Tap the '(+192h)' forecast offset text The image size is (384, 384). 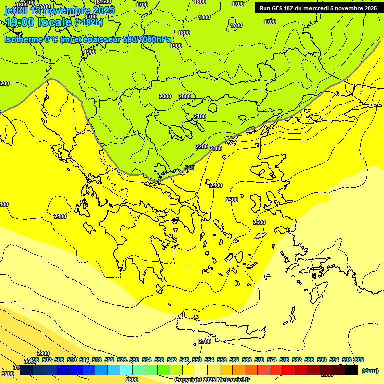tap(88, 22)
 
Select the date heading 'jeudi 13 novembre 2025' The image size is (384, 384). tap(59, 10)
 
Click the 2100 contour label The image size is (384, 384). tap(200, 116)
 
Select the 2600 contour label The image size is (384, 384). tap(259, 222)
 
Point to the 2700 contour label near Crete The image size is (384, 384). tap(205, 341)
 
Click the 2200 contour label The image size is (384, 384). tap(202, 146)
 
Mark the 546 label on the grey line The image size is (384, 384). tap(189, 168)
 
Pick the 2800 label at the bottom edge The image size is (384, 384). tap(132, 380)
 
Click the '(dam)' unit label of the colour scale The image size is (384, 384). tap(370, 370)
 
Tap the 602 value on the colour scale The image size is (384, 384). tap(359, 360)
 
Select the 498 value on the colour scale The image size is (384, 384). tap(34, 360)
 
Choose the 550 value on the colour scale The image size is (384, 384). tap(197, 360)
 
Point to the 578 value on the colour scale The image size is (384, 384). tap(284, 360)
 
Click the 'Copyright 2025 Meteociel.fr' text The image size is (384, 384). tap(212, 380)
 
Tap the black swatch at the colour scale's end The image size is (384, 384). tap(351, 370)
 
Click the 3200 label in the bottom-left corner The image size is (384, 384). tap(7, 374)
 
